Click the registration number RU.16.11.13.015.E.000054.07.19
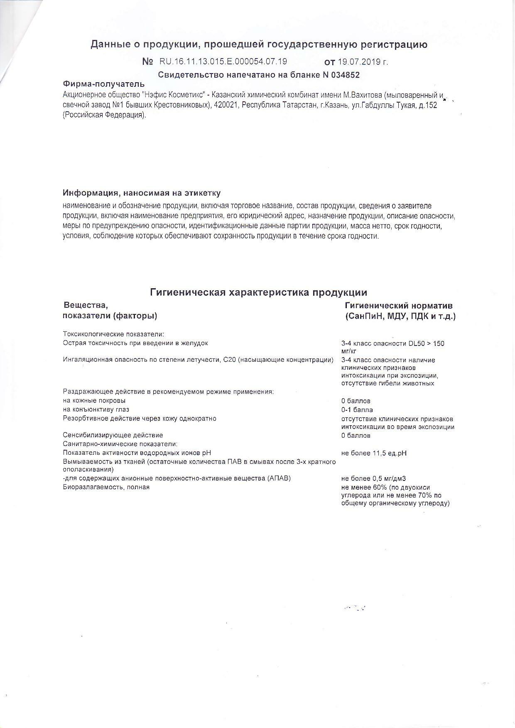(223, 61)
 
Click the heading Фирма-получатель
(104, 84)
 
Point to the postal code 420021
(226, 105)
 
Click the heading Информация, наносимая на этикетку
(142, 193)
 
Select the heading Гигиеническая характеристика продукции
(258, 292)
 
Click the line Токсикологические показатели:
(113, 334)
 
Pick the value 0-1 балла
(357, 410)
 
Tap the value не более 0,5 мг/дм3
(373, 478)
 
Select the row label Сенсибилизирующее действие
(113, 435)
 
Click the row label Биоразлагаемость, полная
(106, 487)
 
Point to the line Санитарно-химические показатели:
(120, 444)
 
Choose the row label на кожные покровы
(94, 401)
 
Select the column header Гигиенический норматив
(399, 306)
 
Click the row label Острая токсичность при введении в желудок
(135, 343)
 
